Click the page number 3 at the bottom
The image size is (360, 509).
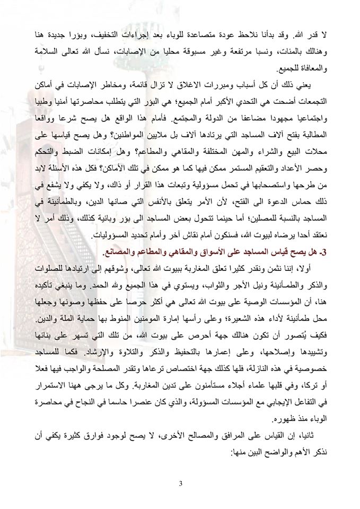coord(180,483)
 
